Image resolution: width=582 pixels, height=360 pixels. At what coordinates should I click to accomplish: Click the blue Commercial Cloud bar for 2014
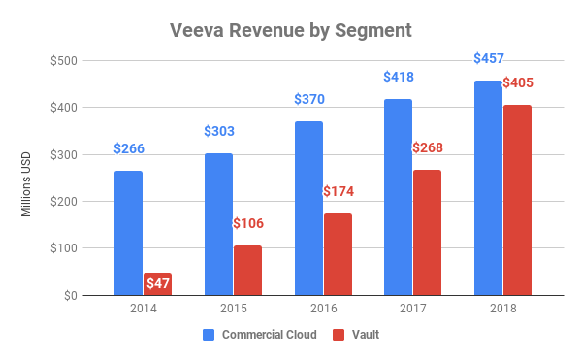[x=128, y=233]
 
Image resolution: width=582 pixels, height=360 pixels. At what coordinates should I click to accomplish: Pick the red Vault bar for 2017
[x=427, y=232]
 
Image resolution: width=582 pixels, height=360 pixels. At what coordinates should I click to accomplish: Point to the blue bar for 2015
[x=218, y=224]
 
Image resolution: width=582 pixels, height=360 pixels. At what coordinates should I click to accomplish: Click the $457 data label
[x=488, y=58]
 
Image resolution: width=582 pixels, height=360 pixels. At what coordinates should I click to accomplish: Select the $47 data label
[x=158, y=282]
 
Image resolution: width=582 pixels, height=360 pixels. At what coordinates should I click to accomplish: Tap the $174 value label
[x=338, y=192]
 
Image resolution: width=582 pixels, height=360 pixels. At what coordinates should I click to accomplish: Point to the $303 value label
[x=218, y=132]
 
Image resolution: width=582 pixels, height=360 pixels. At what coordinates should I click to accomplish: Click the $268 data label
[x=428, y=147]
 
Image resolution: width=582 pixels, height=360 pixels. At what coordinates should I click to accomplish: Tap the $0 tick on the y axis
[x=72, y=295]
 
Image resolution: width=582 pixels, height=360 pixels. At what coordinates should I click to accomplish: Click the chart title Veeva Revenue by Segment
[x=291, y=30]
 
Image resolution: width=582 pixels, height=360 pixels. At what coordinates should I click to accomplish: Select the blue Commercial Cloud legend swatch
[x=209, y=335]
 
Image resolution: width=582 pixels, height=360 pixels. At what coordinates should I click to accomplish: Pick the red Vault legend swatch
[x=339, y=335]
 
